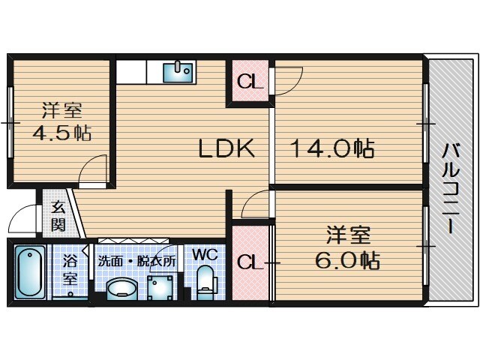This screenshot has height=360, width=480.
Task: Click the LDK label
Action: (x=226, y=149)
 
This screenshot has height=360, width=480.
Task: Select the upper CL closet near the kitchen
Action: (x=249, y=82)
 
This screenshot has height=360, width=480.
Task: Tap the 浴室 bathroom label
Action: (x=70, y=269)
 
